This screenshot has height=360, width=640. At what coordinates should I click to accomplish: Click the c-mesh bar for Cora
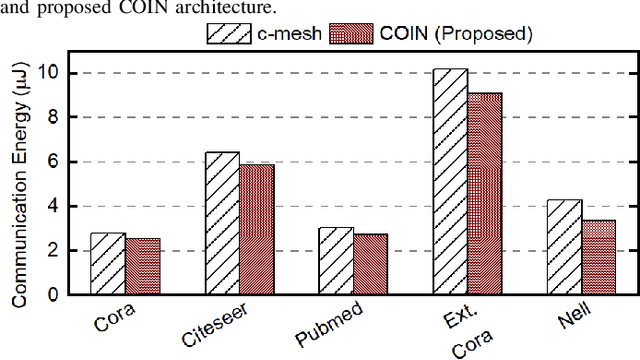click(x=108, y=264)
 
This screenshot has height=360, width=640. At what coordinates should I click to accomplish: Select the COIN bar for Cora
click(x=142, y=267)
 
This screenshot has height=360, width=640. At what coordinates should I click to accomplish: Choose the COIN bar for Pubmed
click(x=370, y=265)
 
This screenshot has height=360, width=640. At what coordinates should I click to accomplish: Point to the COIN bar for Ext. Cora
click(x=484, y=194)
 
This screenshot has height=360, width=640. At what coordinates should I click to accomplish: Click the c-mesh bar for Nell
click(x=564, y=247)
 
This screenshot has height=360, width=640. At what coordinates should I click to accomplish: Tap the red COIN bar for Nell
click(x=598, y=258)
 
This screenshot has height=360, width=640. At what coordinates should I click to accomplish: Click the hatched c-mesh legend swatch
click(x=227, y=33)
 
